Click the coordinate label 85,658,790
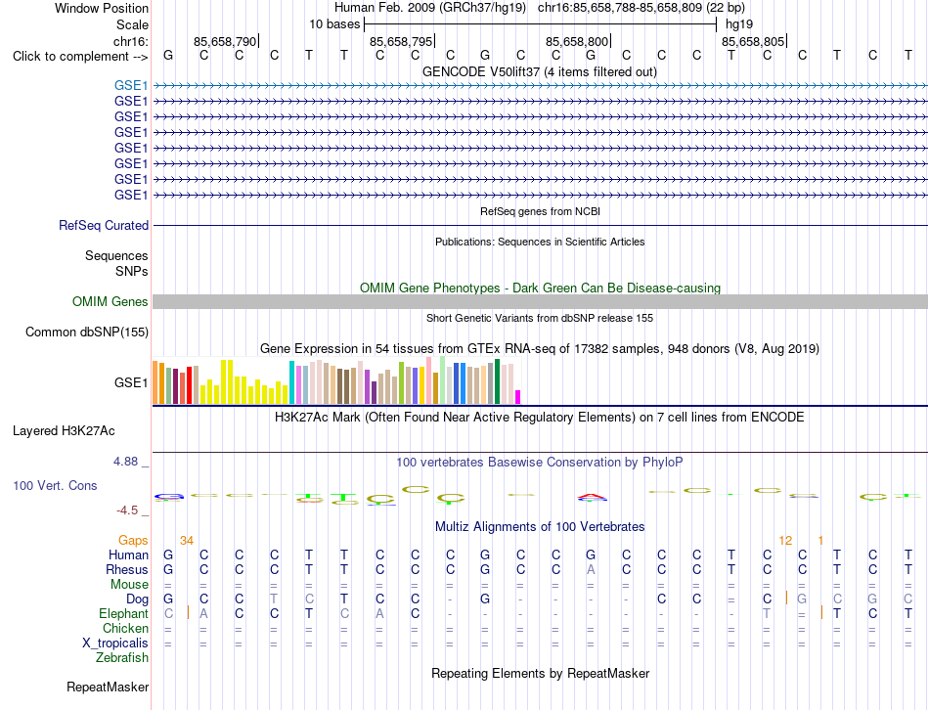(x=225, y=41)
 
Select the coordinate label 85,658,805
(x=753, y=41)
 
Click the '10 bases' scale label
(x=334, y=24)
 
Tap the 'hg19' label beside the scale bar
(x=739, y=24)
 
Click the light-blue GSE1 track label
(x=131, y=85)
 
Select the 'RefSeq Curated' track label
(x=104, y=225)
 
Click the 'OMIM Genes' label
(x=111, y=301)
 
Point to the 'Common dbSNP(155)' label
(x=87, y=332)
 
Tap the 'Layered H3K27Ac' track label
(x=64, y=431)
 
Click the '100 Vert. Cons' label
(x=55, y=485)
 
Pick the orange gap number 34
(x=187, y=540)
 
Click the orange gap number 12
(x=785, y=540)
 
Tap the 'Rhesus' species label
(x=127, y=569)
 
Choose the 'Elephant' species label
(x=124, y=613)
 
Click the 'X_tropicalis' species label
(x=115, y=643)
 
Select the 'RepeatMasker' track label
(x=108, y=687)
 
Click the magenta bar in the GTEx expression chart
(x=518, y=397)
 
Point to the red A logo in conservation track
(x=593, y=497)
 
